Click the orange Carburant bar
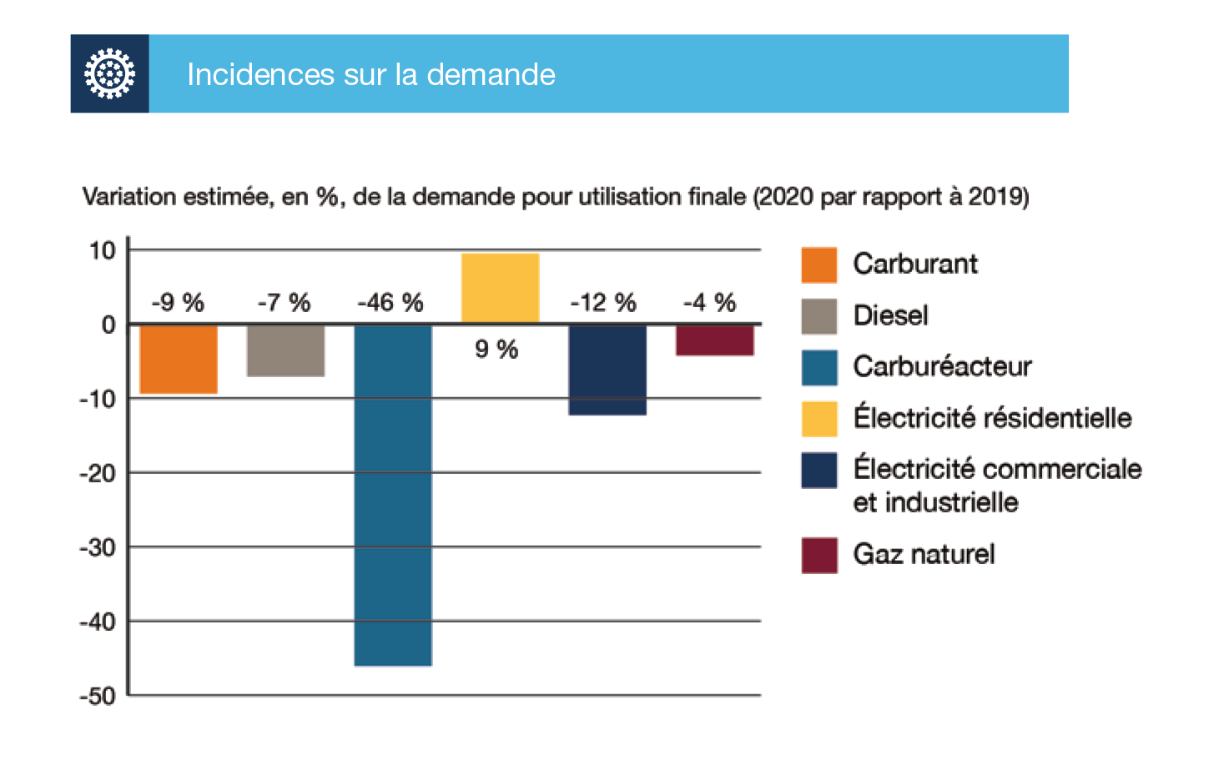(x=178, y=359)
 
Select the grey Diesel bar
(x=285, y=350)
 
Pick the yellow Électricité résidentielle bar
(x=500, y=288)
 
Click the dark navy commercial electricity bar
(x=607, y=370)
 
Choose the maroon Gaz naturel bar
(x=714, y=340)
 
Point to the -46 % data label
(x=390, y=302)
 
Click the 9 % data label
(x=496, y=349)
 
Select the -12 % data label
(x=603, y=302)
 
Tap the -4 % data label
(x=709, y=302)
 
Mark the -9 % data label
(x=178, y=302)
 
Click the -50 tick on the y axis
(x=98, y=696)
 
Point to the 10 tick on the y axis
(x=102, y=250)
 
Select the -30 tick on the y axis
(x=98, y=547)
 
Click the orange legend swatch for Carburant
(x=819, y=265)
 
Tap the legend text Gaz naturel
(x=924, y=554)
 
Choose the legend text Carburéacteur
(x=942, y=366)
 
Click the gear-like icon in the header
(x=109, y=73)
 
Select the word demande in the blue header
(x=491, y=75)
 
